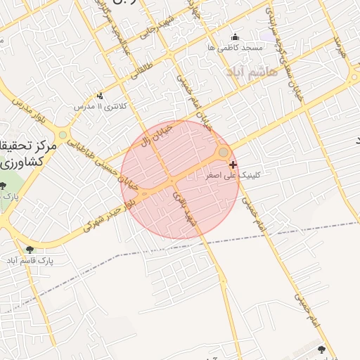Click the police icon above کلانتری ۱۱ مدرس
pyautogui.click(x=100, y=96)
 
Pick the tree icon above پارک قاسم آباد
pyautogui.click(x=29, y=250)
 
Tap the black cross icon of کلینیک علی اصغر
pyautogui.click(x=233, y=165)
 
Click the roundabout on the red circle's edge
pyautogui.click(x=224, y=152)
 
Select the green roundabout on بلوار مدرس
pyautogui.click(x=63, y=134)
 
